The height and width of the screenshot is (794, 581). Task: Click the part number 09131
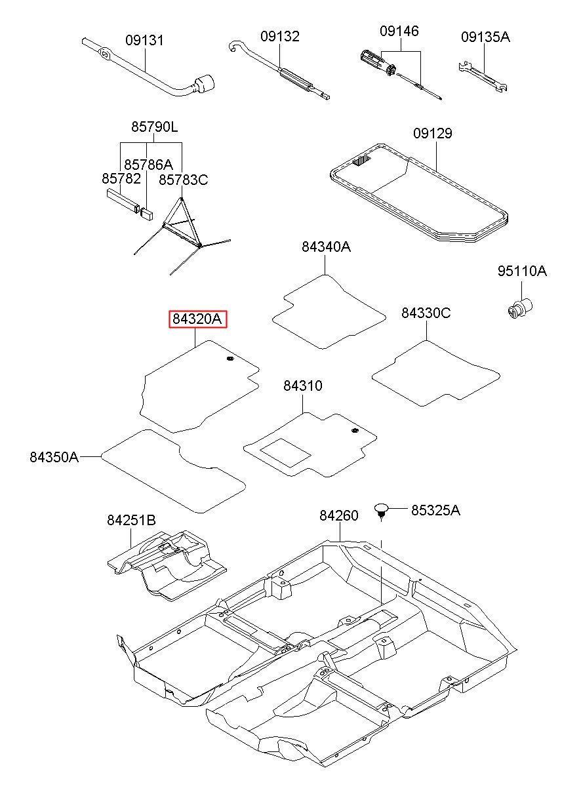coord(145,41)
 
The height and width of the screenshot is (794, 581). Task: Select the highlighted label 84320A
coord(197,319)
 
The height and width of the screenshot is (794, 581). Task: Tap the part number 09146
coord(399,31)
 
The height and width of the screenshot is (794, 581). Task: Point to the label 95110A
coord(522,271)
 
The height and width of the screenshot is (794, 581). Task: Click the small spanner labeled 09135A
coord(483,77)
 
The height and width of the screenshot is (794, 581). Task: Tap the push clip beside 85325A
coord(381,511)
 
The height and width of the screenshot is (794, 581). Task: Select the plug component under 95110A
coord(519,308)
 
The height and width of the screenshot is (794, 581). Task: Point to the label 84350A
coord(54,457)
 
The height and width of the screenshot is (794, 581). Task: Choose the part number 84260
coord(339,515)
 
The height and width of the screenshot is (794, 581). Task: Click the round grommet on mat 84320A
coord(230,359)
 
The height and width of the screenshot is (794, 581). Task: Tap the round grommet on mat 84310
coord(355,431)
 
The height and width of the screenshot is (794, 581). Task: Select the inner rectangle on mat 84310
coord(285,452)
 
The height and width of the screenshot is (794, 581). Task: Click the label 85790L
coord(155,127)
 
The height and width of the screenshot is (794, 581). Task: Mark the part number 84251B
coord(132,520)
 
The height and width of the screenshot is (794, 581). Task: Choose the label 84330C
coord(426,313)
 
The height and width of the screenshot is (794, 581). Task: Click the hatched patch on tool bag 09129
coord(361,161)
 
